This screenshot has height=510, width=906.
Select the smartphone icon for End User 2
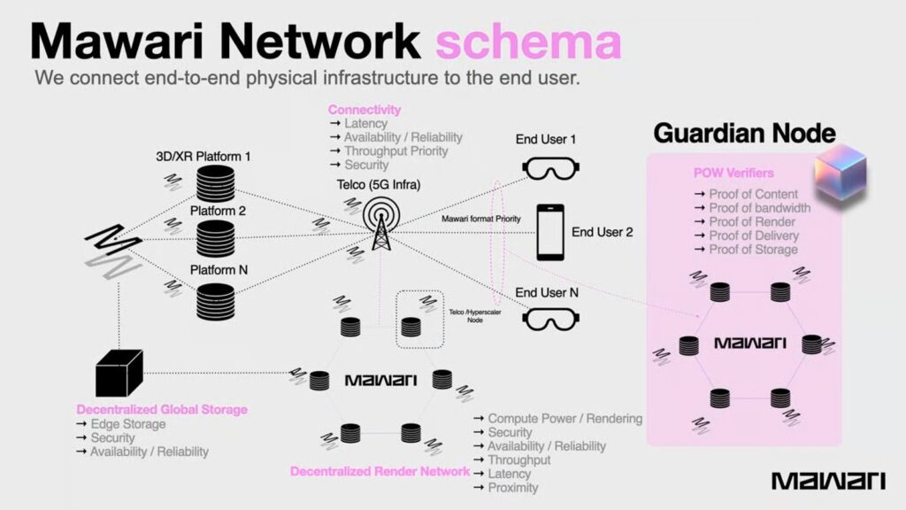550,232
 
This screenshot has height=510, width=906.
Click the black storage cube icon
119,373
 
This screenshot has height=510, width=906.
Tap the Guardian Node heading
744,133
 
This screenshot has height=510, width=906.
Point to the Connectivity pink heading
364,110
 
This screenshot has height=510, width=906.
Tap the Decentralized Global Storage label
162,410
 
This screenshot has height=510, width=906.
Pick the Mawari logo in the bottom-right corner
828,481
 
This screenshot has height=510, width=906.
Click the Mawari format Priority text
480,218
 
